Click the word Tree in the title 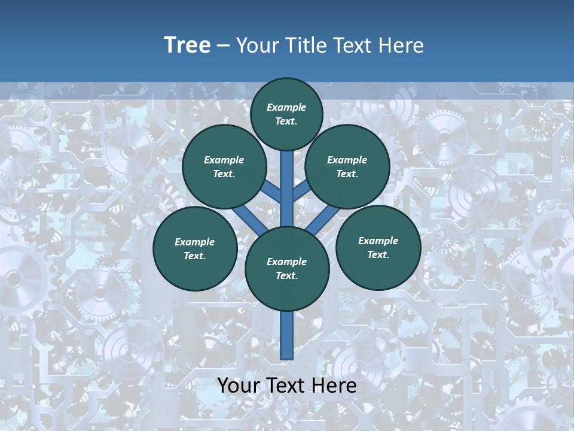pos(187,45)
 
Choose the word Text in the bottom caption pos(285,386)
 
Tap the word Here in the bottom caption pos(334,386)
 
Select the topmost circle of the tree pos(286,114)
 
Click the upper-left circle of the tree pos(224,166)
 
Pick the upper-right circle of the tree pos(347,166)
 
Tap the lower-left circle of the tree pos(195,248)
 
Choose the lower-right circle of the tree pos(378,247)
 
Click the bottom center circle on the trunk pos(287,269)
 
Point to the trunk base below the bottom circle pos(287,335)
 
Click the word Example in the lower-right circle pos(378,241)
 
